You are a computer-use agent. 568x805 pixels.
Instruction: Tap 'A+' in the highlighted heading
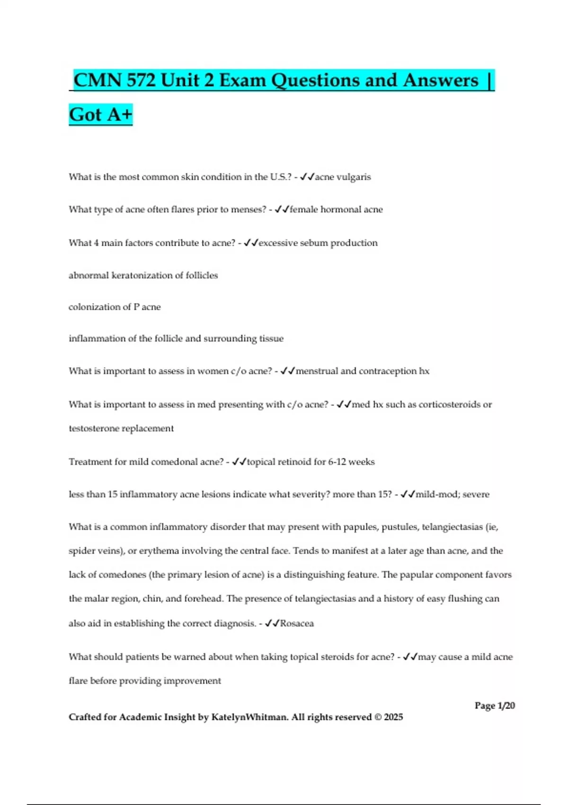pos(120,115)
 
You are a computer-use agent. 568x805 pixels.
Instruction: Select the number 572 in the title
pos(141,80)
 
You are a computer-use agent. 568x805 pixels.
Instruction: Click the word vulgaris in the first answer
pos(354,177)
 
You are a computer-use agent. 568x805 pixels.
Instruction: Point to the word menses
pos(248,209)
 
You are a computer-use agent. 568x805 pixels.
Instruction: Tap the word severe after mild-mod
pos(476,494)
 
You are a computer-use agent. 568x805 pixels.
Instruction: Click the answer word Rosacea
pos(297,623)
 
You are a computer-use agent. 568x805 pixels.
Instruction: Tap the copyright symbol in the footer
pos(377,717)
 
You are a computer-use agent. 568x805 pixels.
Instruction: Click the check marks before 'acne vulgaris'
pos(307,177)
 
